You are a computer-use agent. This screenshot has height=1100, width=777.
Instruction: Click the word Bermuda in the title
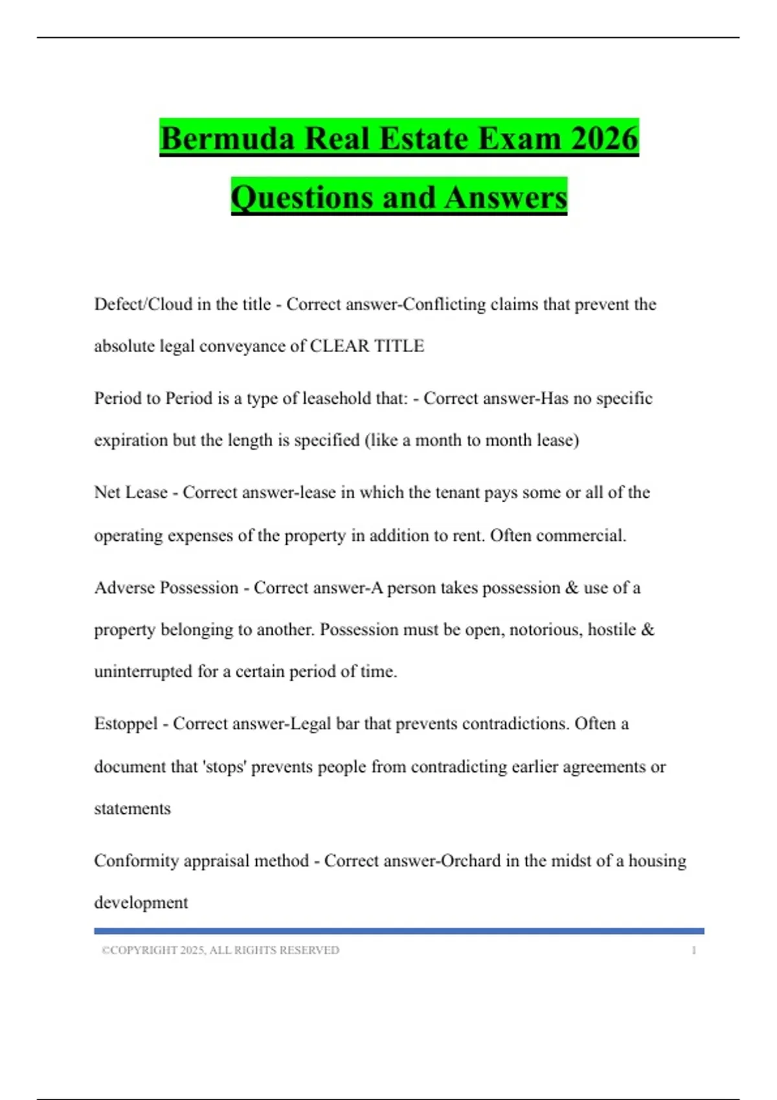pos(227,138)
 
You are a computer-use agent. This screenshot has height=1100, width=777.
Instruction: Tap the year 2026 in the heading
pos(605,138)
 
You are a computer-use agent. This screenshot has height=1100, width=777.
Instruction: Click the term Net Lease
pos(131,492)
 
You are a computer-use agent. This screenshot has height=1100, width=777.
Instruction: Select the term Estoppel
pos(126,723)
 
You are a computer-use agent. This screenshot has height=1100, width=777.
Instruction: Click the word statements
pos(132,809)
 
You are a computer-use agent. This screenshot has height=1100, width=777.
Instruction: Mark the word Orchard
pos(471,861)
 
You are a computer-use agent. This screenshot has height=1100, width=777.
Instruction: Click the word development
pos(141,903)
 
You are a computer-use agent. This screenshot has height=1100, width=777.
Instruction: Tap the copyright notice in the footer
pos(220,950)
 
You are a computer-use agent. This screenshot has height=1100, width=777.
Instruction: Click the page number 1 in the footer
pos(693,950)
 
